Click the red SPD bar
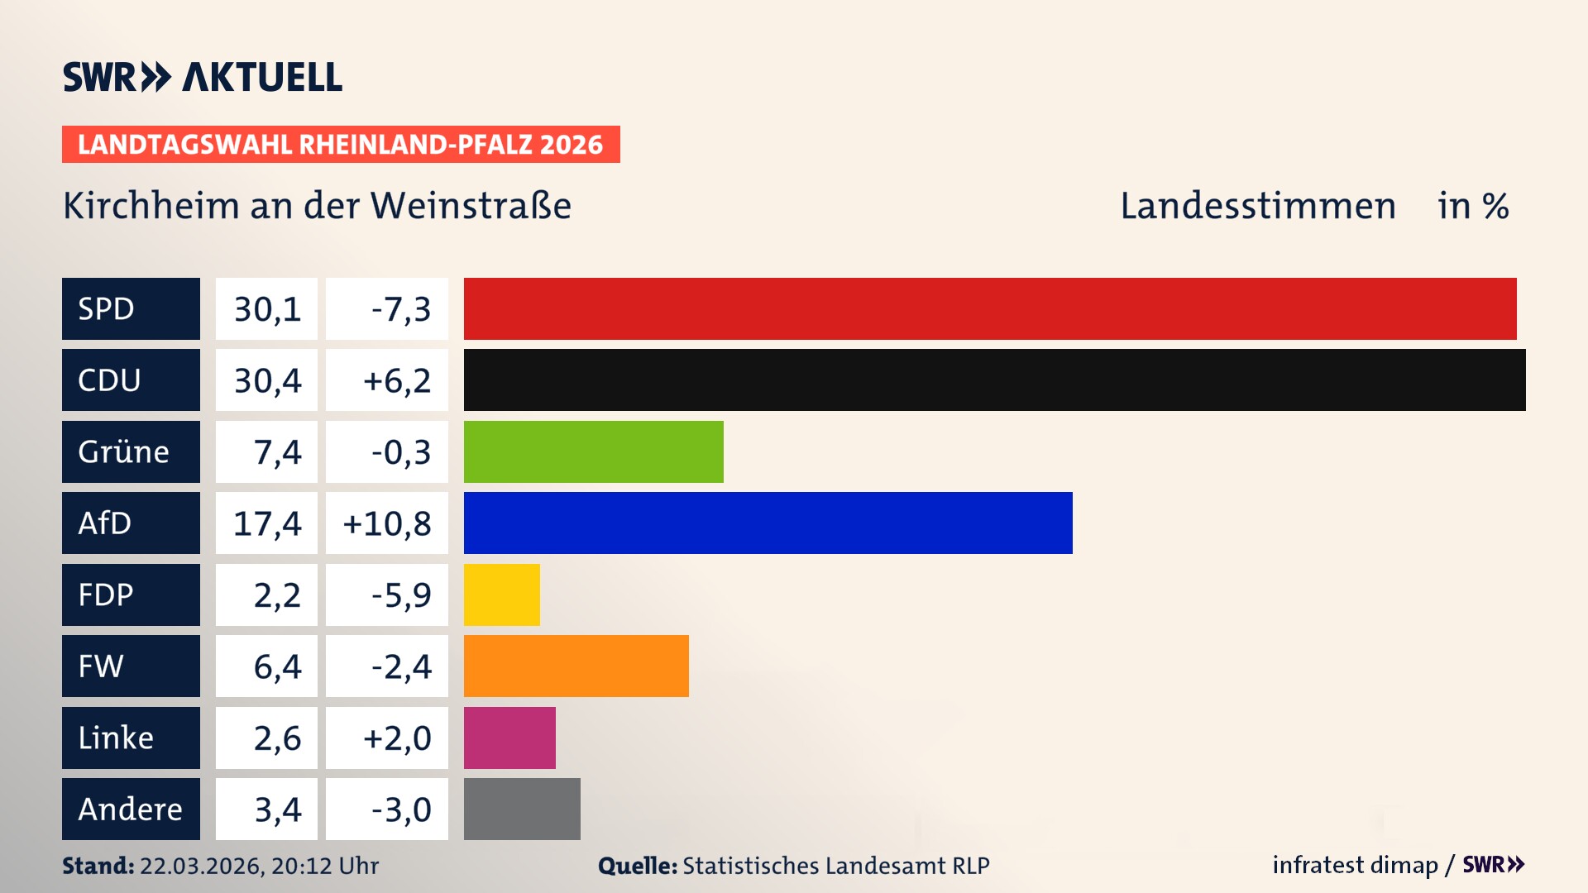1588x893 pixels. [990, 308]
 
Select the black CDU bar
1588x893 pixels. [994, 380]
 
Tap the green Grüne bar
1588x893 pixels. [593, 451]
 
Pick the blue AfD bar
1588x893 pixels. [768, 523]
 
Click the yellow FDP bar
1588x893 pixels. [501, 595]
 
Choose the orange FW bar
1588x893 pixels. [576, 666]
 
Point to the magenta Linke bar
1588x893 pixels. [509, 738]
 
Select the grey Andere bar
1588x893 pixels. [522, 809]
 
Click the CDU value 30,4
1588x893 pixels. [266, 380]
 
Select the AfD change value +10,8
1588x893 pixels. [387, 523]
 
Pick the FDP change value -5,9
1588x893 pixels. [400, 595]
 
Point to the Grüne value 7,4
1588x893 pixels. [276, 452]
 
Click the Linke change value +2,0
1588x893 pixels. [397, 738]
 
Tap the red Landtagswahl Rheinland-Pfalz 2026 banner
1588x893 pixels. [341, 144]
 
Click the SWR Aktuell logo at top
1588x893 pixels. [203, 77]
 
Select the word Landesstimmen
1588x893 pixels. [1257, 206]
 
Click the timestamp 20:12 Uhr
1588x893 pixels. [324, 866]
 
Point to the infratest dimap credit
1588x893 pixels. [1355, 865]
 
